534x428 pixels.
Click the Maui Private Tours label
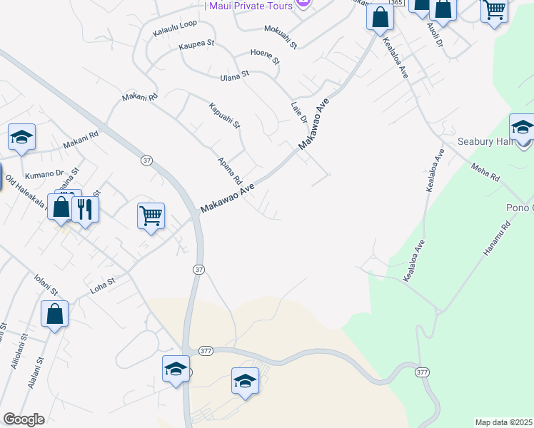(250, 5)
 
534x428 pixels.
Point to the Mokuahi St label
(280, 37)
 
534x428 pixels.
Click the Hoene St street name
(264, 56)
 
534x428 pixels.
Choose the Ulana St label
(234, 75)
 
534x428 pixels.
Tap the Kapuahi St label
(225, 117)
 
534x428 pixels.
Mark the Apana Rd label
(231, 171)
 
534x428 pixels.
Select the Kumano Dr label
(44, 173)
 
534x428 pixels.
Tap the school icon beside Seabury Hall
(522, 128)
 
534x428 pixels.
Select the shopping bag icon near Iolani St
(55, 314)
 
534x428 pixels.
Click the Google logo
(24, 419)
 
